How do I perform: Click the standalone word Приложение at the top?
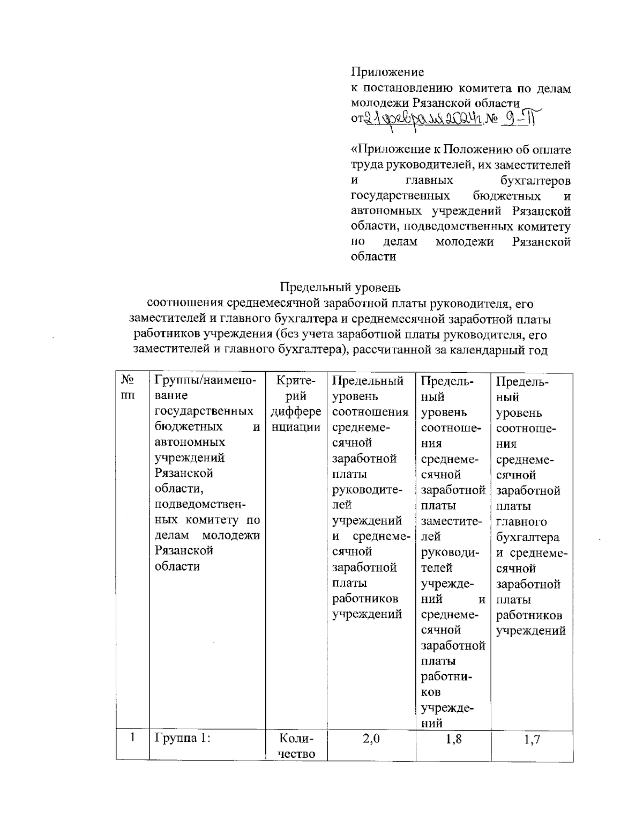click(x=387, y=72)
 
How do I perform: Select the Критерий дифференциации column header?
click(x=296, y=404)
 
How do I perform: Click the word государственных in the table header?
click(x=204, y=412)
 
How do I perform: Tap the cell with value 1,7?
click(x=532, y=740)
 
